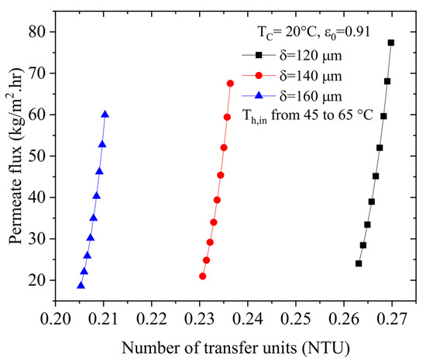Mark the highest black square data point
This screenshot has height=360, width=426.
pos(391,43)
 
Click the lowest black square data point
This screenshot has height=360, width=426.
pos(359,263)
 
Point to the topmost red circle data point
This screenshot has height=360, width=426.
pos(230,83)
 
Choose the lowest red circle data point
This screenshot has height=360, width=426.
pos(203,276)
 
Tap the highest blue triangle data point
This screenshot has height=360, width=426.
pos(105,114)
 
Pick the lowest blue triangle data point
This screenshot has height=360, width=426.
pos(81,285)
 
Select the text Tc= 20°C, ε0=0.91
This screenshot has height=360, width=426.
pos(306,33)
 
